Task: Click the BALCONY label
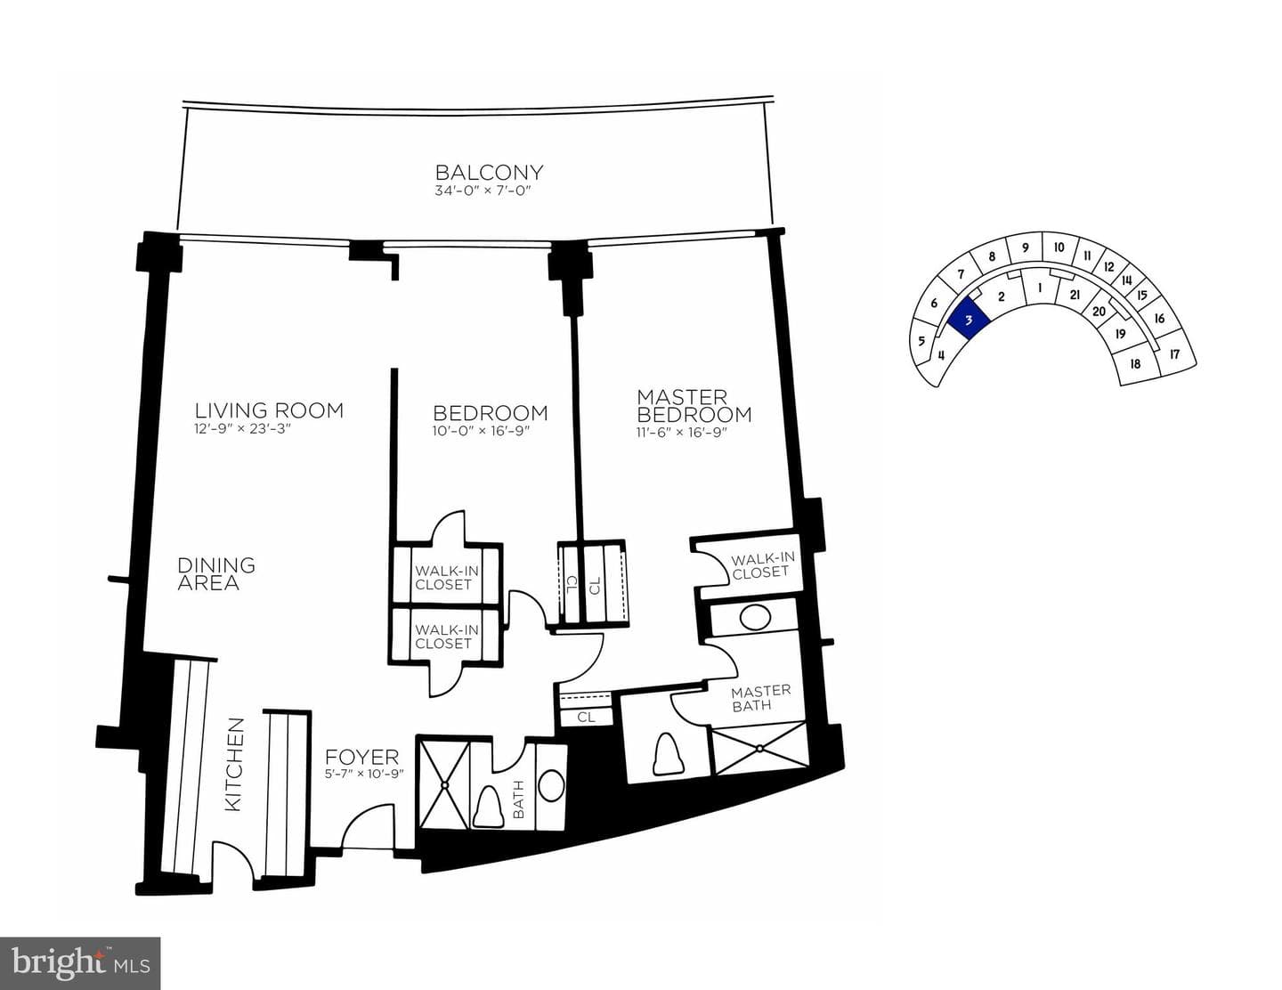pyautogui.click(x=489, y=173)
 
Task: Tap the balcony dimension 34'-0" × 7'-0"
pyautogui.click(x=483, y=191)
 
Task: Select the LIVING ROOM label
pyautogui.click(x=269, y=410)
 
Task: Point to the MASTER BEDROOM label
pyautogui.click(x=694, y=406)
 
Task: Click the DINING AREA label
pyautogui.click(x=216, y=573)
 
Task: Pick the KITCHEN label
pyautogui.click(x=234, y=764)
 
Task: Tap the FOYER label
pyautogui.click(x=361, y=757)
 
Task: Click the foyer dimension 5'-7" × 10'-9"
pyautogui.click(x=364, y=774)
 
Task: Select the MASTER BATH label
pyautogui.click(x=760, y=698)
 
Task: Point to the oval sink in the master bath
pyautogui.click(x=755, y=618)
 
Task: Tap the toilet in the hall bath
pyautogui.click(x=489, y=806)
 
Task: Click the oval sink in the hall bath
pyautogui.click(x=550, y=784)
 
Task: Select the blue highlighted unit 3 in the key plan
pyautogui.click(x=968, y=319)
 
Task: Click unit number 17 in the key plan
pyautogui.click(x=1174, y=354)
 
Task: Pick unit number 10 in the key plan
pyautogui.click(x=1059, y=247)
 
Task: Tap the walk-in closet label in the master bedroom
pyautogui.click(x=762, y=565)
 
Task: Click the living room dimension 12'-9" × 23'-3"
pyautogui.click(x=243, y=429)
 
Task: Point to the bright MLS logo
pyautogui.click(x=80, y=963)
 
